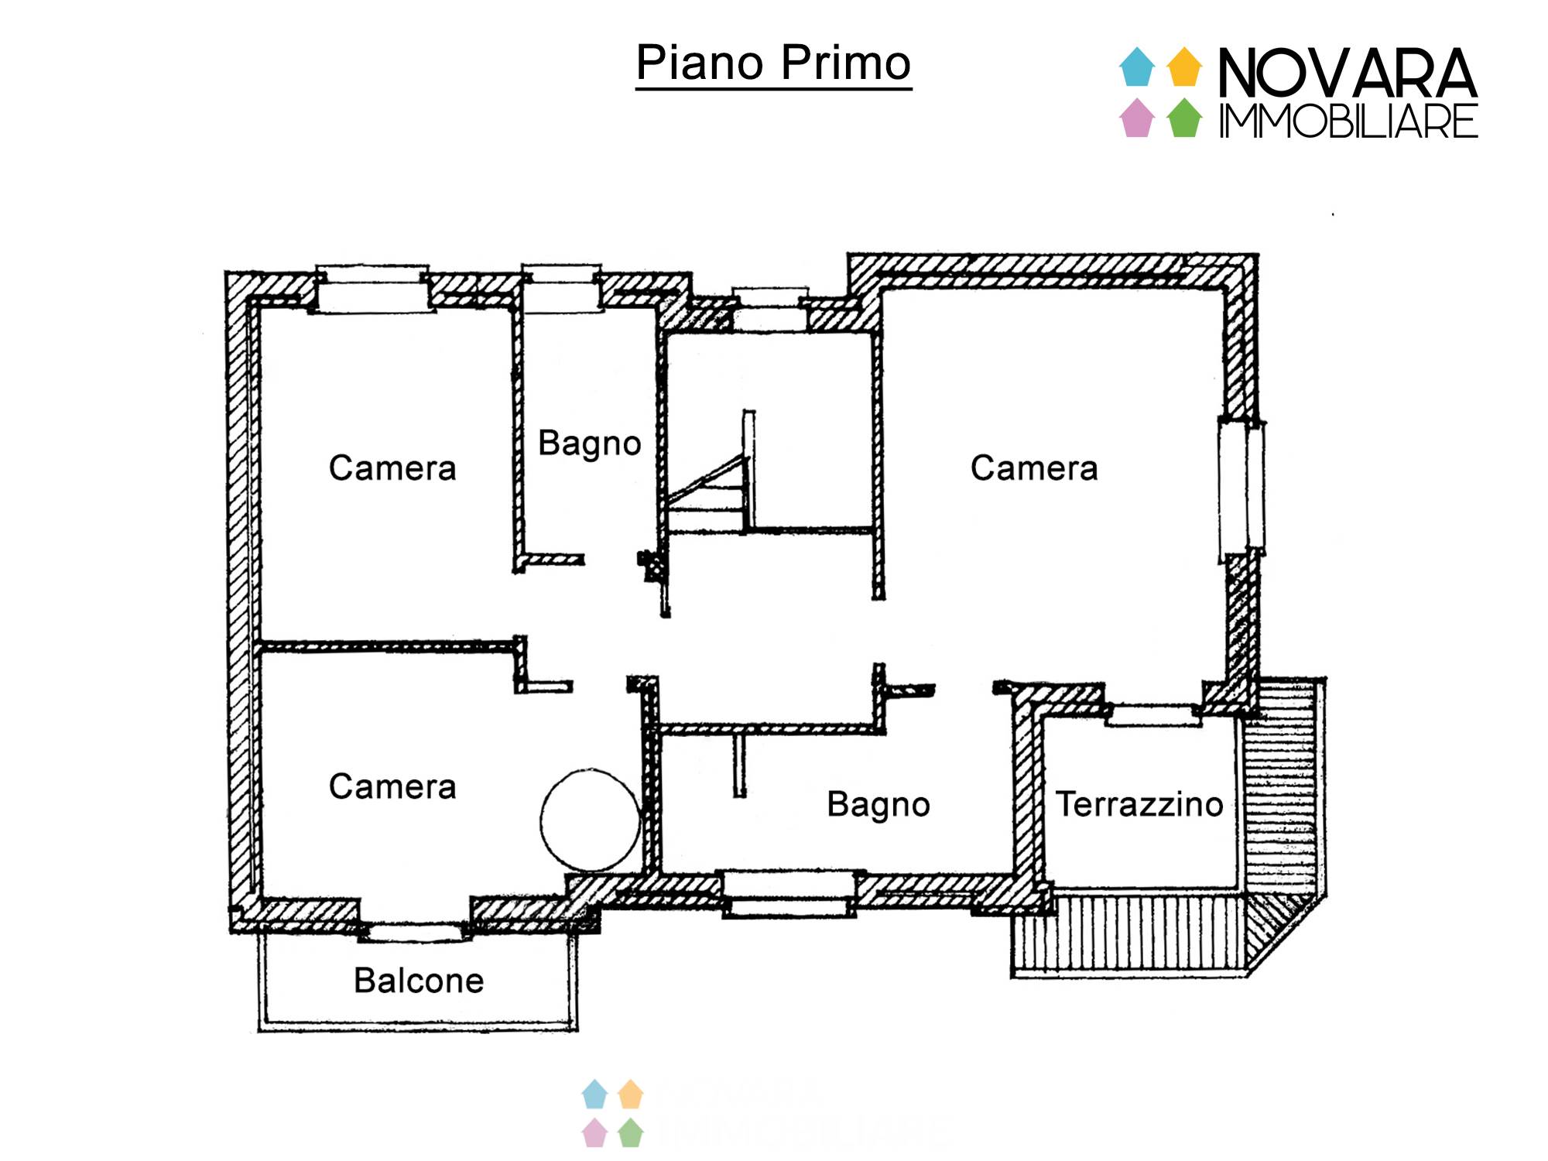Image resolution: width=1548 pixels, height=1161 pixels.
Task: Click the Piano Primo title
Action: pyautogui.click(x=773, y=63)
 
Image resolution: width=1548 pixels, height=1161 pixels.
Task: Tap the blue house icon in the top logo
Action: pyautogui.click(x=1137, y=67)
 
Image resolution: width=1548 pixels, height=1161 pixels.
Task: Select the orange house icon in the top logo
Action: pyautogui.click(x=1184, y=67)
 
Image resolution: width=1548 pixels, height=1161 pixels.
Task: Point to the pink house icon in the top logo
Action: pyautogui.click(x=1137, y=118)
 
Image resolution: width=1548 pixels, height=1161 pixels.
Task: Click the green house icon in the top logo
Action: pyautogui.click(x=1184, y=118)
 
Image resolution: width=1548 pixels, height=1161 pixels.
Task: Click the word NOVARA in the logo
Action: pyautogui.click(x=1348, y=73)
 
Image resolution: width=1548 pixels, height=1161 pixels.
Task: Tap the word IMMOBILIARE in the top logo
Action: pyautogui.click(x=1348, y=122)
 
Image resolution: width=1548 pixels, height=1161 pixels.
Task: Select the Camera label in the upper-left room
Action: pyautogui.click(x=392, y=468)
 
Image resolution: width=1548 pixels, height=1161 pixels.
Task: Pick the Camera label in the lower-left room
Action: pyautogui.click(x=392, y=787)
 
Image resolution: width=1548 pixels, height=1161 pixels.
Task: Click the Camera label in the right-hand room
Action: pyautogui.click(x=1034, y=468)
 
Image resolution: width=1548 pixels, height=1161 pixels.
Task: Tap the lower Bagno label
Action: pyautogui.click(x=878, y=805)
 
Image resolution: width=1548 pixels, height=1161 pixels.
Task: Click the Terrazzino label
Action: pyautogui.click(x=1139, y=804)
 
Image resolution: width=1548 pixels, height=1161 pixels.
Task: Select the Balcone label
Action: pyautogui.click(x=419, y=981)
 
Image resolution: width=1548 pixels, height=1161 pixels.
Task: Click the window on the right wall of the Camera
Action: pyautogui.click(x=1241, y=488)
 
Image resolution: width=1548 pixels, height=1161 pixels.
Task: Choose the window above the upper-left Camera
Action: pyautogui.click(x=372, y=289)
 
